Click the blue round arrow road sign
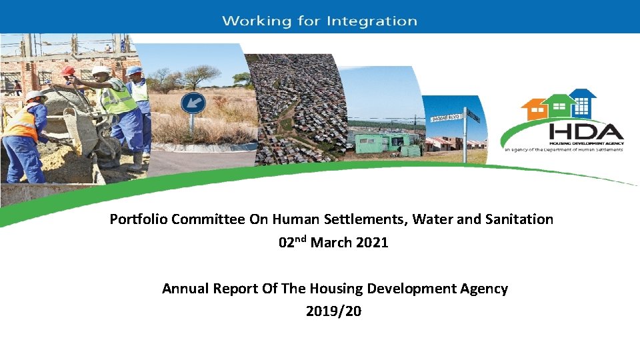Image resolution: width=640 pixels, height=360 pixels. click(x=193, y=104)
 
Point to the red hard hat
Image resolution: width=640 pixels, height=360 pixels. click(x=68, y=71)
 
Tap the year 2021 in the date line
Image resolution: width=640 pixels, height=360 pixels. click(x=371, y=243)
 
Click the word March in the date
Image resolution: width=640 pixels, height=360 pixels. click(x=331, y=243)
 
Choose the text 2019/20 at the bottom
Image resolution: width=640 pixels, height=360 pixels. click(x=333, y=311)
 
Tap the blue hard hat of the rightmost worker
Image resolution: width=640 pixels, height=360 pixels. click(x=135, y=71)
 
